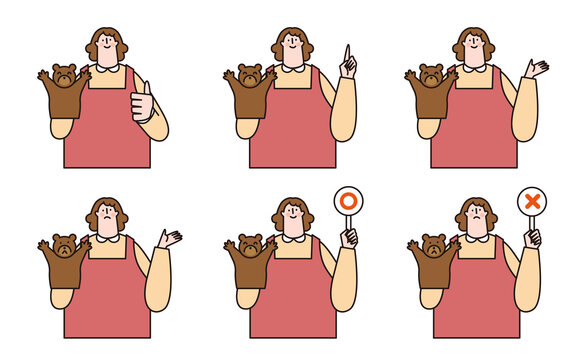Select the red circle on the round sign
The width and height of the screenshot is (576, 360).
pos(348,201)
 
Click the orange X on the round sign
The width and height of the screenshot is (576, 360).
pos(532,201)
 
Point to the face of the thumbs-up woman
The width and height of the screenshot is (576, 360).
pos(108,46)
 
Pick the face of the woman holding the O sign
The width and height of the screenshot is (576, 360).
pos(293,217)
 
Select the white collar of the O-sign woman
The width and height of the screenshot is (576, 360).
pos(293,238)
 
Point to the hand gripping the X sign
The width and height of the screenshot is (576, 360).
pos(533,237)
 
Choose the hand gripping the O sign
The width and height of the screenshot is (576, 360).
pos(348,237)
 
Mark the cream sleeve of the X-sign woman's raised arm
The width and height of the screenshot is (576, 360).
pos(529,285)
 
